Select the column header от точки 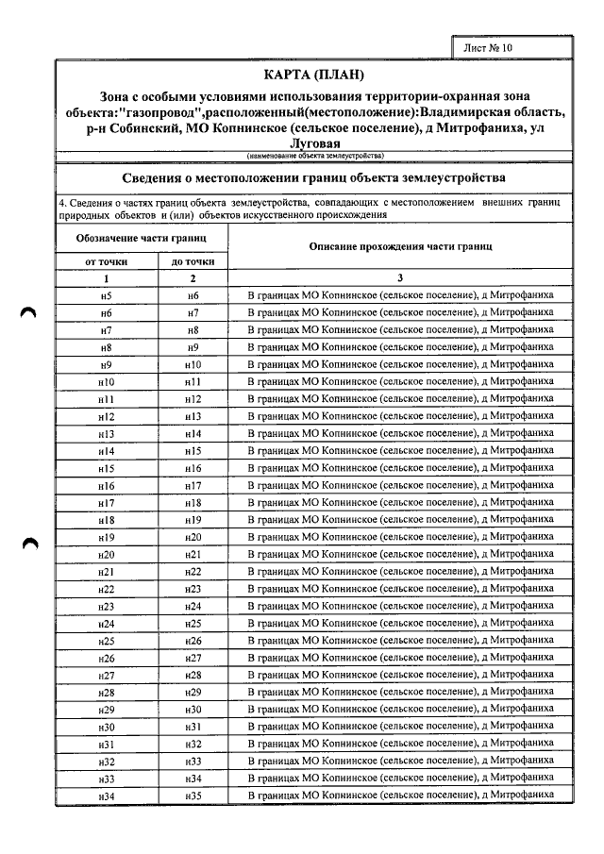coord(106,261)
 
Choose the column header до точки coord(193,261)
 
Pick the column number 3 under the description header coord(400,278)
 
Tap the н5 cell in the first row coord(106,295)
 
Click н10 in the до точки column coord(193,364)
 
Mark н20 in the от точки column coord(106,555)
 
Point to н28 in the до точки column coord(193,676)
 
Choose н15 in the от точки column coord(106,468)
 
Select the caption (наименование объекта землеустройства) coord(314,155)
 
